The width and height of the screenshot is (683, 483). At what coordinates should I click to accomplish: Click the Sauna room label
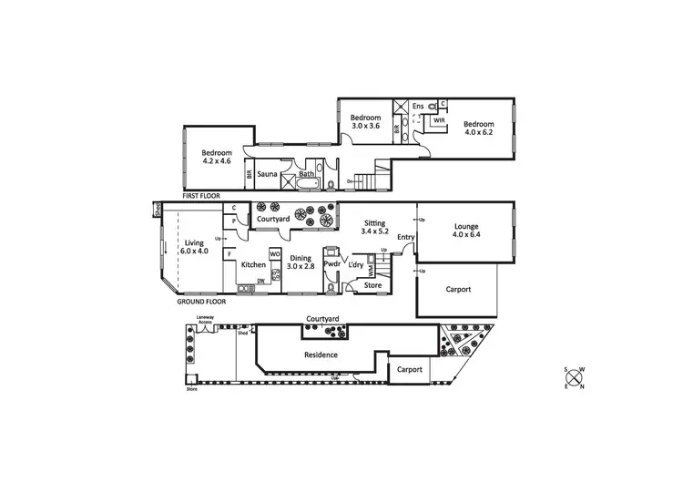click(267, 173)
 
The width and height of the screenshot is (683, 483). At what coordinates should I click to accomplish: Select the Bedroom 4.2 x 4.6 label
click(217, 157)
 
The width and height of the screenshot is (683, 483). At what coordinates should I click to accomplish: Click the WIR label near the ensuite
click(439, 120)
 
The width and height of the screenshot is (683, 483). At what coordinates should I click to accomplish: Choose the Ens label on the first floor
click(418, 107)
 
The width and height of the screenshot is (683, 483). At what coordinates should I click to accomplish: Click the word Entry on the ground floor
click(405, 238)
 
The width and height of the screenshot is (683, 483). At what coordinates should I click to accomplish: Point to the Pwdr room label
click(331, 264)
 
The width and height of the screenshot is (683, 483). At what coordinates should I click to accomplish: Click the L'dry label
click(357, 264)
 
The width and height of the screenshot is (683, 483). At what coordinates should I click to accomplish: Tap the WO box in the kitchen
click(273, 253)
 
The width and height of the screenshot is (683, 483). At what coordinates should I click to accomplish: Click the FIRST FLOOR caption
click(203, 196)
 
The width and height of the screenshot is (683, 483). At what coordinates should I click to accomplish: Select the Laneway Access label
click(205, 320)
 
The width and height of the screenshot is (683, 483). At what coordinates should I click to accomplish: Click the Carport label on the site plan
click(409, 370)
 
